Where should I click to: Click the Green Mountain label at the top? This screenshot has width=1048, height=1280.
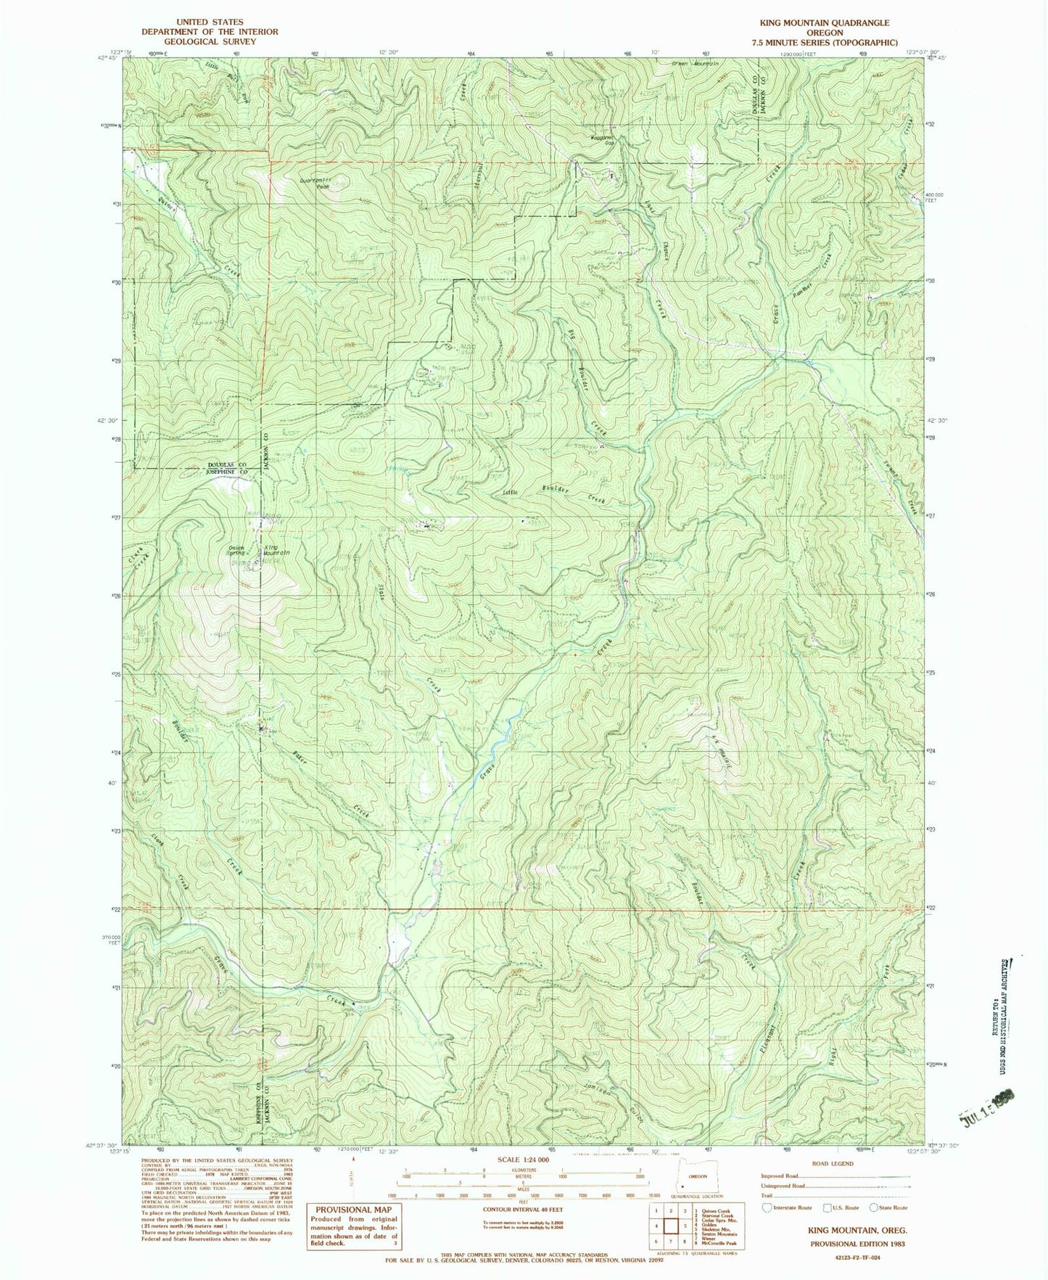695,64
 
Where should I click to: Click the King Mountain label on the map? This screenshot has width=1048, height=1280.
276,550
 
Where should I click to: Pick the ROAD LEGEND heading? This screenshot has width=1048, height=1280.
833,1163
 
